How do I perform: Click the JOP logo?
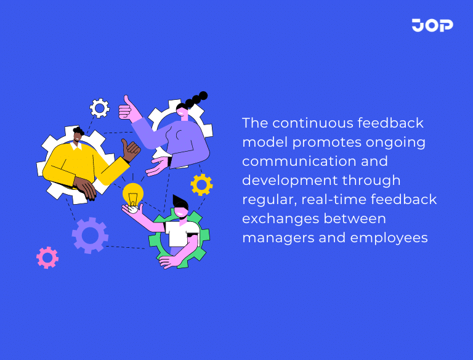pos(432,25)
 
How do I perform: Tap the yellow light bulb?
pos(132,194)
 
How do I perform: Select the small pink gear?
pos(47,257)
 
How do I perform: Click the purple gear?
pos(90,235)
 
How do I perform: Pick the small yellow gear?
pos(201,184)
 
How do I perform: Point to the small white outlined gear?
pos(99,108)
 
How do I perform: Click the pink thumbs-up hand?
pos(127,109)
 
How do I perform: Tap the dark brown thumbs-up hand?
pos(130,150)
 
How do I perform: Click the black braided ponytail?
pos(196,100)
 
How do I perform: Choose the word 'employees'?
pos(386,238)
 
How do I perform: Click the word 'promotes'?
pos(327,142)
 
